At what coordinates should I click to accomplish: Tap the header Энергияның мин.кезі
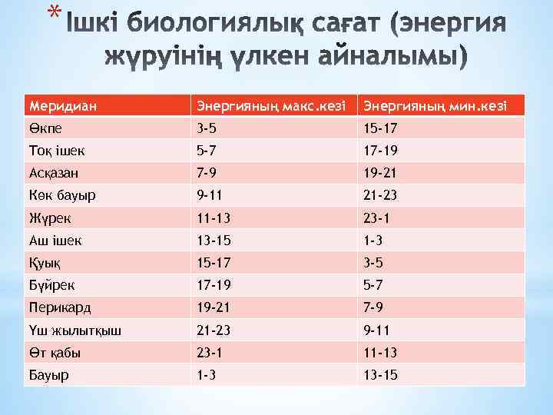point(435,104)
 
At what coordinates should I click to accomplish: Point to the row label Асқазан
point(54,173)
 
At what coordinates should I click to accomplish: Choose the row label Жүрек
point(48,217)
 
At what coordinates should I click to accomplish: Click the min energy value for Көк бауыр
point(382,195)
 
